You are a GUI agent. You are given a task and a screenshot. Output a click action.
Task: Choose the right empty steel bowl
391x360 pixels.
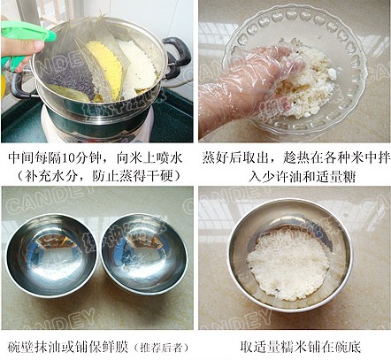[144, 254]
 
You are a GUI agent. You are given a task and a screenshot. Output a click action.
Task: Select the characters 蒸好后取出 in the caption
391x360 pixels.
[233, 158]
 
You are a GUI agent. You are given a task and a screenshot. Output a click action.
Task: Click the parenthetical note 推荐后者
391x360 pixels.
[161, 348]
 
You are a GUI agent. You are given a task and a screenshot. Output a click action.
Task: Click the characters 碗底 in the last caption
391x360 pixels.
[348, 347]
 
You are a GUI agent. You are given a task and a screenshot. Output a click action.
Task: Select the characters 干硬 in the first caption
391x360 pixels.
[156, 177]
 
